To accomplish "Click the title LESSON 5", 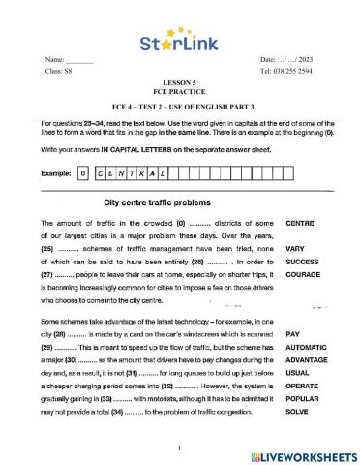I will click(x=179, y=83).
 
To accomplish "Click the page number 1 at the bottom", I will click(x=180, y=448).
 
